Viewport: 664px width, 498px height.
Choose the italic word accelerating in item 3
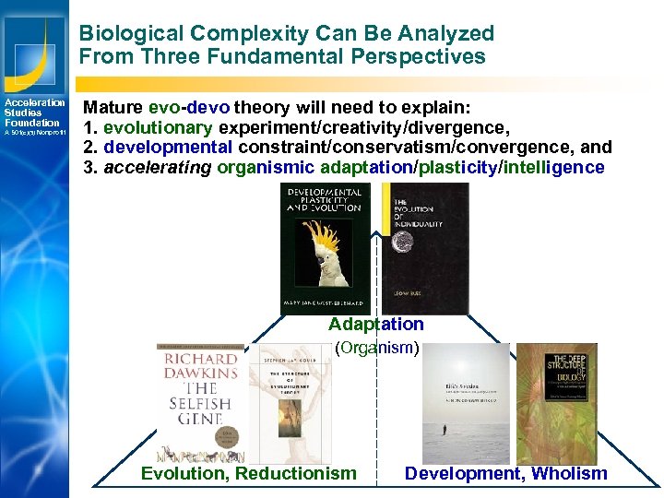tap(158, 168)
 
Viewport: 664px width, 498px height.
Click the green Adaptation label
tap(376, 325)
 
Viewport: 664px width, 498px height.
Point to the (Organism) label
tap(377, 348)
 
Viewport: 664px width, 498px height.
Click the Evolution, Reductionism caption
tap(248, 474)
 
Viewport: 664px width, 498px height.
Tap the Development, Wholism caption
tap(505, 474)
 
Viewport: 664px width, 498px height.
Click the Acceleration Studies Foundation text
tap(33, 113)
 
